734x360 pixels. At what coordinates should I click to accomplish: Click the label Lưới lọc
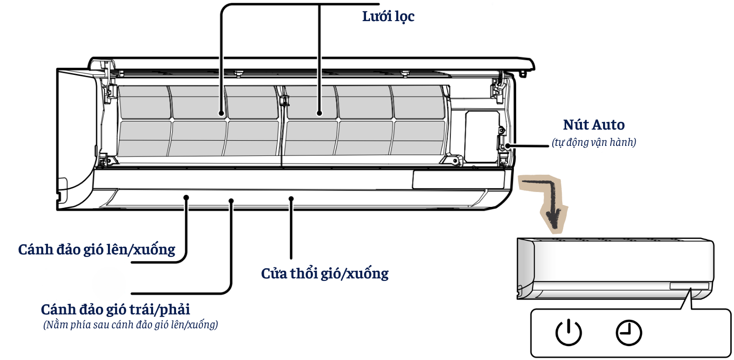coord(388,16)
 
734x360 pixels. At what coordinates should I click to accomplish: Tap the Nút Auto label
coord(593,125)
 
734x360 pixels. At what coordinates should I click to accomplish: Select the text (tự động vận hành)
coord(594,142)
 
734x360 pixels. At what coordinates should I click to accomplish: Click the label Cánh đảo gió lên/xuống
coord(96,250)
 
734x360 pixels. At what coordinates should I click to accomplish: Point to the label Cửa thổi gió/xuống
coord(325,274)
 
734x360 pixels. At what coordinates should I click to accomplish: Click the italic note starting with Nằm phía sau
coord(130,325)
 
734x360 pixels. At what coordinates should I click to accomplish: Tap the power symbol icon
coord(568,332)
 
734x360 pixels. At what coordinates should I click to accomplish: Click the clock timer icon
coord(629,332)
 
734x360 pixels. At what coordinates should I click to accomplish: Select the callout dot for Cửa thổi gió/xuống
coord(291,198)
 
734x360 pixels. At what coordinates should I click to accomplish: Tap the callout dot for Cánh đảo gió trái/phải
coord(231,201)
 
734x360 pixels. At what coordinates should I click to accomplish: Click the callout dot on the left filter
coord(222,114)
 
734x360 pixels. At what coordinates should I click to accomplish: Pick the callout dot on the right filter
coord(320,114)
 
